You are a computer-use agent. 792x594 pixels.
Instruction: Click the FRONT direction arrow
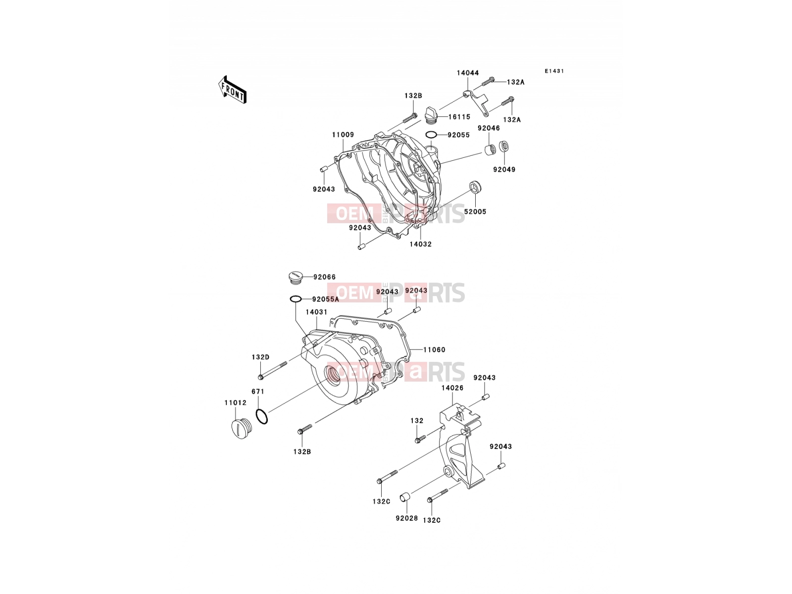pos(232,90)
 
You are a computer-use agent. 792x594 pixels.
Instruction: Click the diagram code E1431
pos(554,71)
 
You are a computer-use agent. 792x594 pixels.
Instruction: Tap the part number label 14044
pos(468,73)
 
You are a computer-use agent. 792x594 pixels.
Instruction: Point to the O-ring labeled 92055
pos(431,135)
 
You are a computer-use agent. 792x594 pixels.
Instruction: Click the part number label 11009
pos(343,135)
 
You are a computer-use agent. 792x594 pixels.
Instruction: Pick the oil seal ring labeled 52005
pos(476,188)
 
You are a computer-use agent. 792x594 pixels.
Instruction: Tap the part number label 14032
pos(420,244)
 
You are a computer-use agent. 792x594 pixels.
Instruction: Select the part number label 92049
pos(504,169)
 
